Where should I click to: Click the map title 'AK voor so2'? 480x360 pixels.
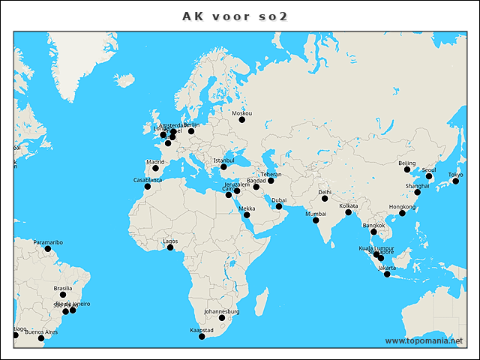(235, 16)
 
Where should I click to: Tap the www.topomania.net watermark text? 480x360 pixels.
(424, 340)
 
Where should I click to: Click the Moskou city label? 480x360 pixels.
(242, 113)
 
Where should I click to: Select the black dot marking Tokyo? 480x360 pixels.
(456, 181)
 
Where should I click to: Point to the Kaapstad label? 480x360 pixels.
(202, 330)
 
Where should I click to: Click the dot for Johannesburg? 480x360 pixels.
(222, 318)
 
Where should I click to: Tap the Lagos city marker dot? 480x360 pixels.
(170, 247)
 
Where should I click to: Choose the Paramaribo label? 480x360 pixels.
(48, 242)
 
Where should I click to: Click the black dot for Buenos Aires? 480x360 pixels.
(41, 338)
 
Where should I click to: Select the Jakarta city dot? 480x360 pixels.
(387, 274)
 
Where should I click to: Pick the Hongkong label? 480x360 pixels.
(403, 206)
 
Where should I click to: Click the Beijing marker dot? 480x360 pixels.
(407, 169)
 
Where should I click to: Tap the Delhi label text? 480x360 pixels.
(325, 192)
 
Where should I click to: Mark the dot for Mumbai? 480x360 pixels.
(316, 221)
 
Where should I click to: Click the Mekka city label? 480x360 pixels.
(247, 208)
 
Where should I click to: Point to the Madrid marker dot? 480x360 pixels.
(155, 168)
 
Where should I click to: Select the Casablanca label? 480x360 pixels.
(148, 180)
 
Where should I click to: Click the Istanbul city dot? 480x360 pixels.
(223, 166)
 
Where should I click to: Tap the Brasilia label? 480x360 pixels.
(63, 288)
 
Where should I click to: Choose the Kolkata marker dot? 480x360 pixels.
(349, 212)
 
